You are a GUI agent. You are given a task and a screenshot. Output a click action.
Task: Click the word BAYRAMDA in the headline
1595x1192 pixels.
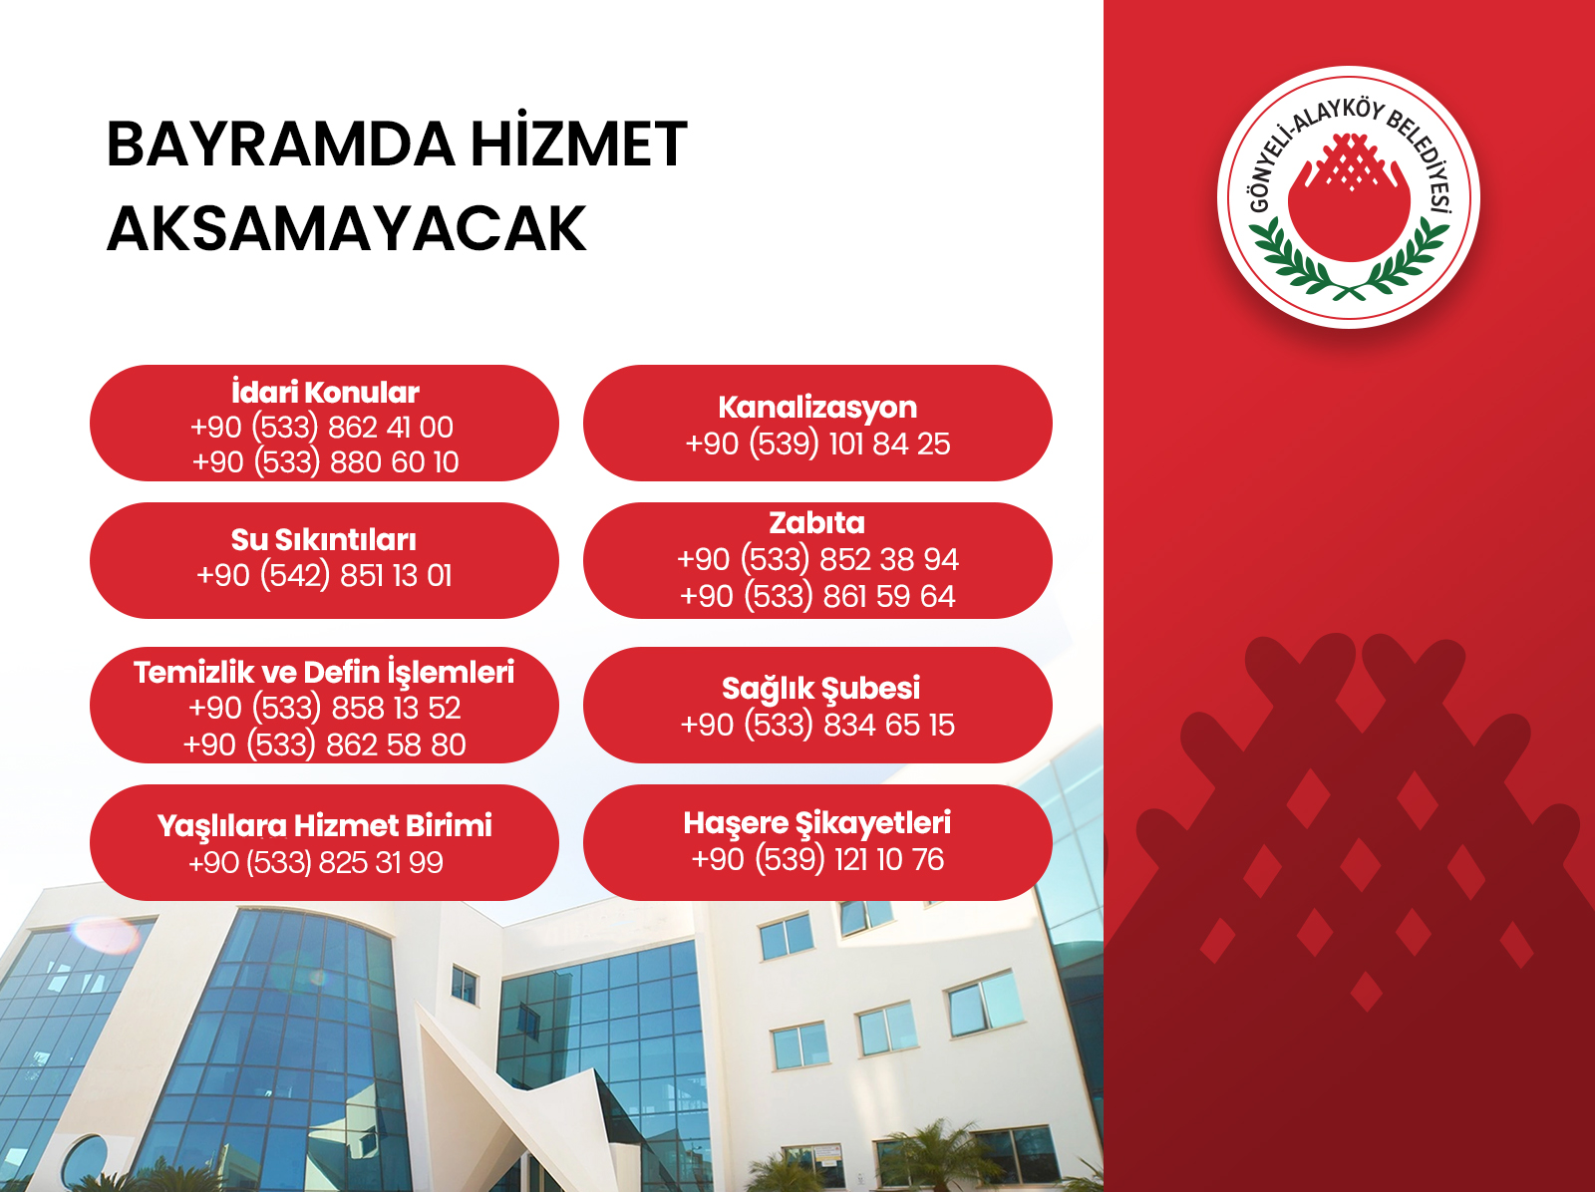pos(280,145)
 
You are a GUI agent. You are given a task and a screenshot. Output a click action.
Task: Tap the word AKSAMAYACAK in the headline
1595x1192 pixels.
pos(346,229)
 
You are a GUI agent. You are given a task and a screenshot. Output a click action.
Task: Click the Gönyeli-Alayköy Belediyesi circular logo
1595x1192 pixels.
pos(1349,197)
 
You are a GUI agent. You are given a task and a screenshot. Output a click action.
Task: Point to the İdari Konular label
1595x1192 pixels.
pos(325,393)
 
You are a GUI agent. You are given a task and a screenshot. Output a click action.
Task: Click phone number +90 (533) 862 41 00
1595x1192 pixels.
pos(322,428)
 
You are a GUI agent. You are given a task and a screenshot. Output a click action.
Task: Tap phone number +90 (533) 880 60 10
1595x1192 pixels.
pos(325,462)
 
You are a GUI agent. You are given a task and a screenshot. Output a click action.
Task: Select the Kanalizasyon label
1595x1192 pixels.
pos(817,409)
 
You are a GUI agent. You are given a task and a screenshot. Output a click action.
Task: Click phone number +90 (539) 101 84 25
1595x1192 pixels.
pos(817,444)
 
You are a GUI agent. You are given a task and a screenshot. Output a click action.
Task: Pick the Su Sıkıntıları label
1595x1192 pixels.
pos(323,540)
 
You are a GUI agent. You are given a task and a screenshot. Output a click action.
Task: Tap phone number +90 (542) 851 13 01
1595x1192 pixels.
pos(324,576)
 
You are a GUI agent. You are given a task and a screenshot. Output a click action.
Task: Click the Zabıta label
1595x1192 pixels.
pos(816,523)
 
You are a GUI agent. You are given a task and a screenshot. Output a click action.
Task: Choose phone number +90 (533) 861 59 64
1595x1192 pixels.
pos(817,596)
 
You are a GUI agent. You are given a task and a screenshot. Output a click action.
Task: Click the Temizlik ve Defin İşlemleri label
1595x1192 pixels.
pos(324,673)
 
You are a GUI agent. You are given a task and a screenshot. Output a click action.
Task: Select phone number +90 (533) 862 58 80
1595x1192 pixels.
pos(324,745)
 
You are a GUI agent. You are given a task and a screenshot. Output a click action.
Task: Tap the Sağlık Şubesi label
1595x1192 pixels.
pos(821,689)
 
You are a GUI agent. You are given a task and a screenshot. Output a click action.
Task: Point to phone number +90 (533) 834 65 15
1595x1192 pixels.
pos(817,725)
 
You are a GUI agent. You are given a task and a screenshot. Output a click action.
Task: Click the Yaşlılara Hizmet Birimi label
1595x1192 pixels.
pos(325,826)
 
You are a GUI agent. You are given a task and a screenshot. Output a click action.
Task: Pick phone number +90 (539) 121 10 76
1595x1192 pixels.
pos(817,860)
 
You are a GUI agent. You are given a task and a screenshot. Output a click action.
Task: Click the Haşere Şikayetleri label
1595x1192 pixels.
pos(817,823)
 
